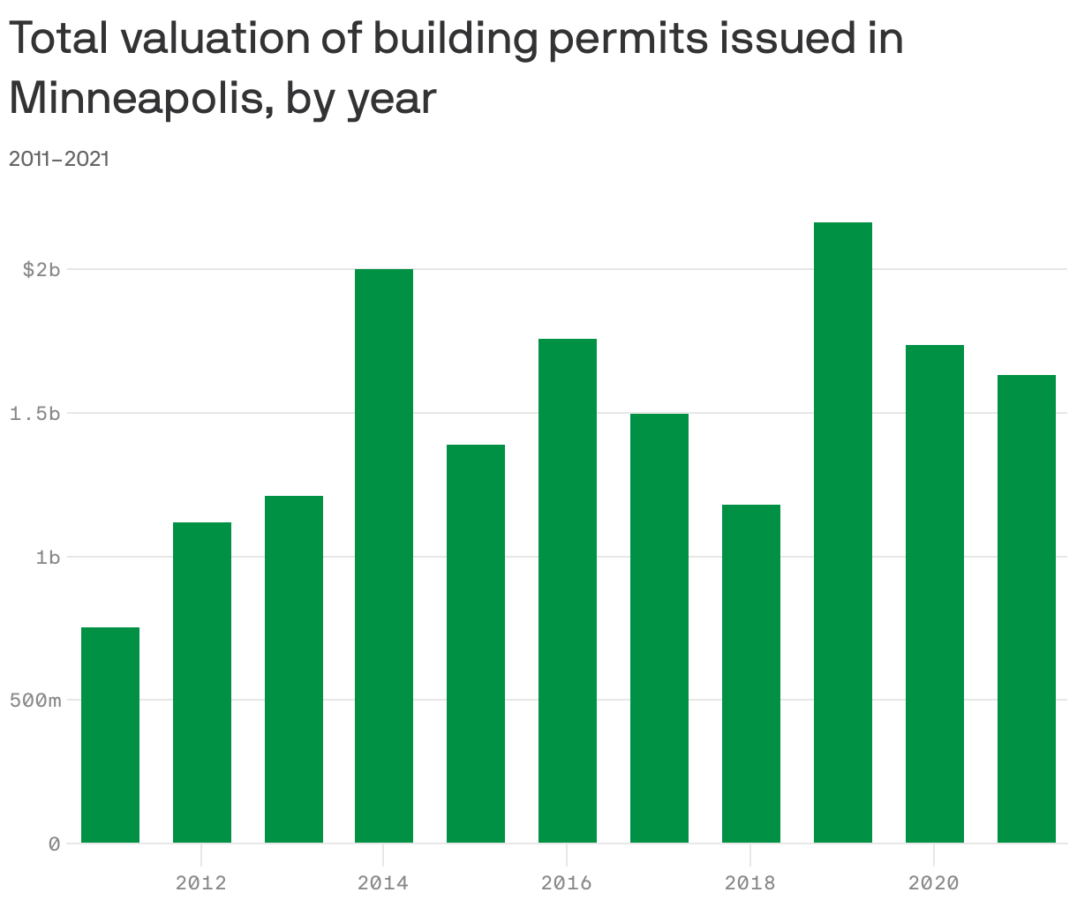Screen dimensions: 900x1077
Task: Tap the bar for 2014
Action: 384,556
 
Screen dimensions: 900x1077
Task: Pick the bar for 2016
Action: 568,590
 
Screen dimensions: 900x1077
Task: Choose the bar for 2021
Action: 1027,609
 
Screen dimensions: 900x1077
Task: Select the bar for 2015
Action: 476,643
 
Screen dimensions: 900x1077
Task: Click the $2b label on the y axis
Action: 41,270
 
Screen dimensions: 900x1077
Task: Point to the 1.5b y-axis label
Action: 35,414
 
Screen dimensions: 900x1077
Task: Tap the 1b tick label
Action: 48,558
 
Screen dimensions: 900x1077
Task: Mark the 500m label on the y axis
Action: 35,701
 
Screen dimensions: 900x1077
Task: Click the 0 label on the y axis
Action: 54,844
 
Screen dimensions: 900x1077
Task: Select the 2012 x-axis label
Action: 201,882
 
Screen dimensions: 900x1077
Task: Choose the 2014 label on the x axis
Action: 383,882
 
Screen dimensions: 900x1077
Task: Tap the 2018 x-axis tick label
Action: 750,882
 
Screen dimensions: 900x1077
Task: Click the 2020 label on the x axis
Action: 934,882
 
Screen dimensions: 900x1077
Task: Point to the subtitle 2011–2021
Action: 59,159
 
